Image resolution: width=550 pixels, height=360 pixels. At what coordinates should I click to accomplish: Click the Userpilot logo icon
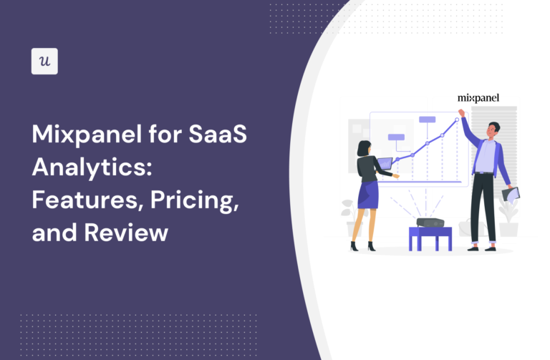tap(44, 61)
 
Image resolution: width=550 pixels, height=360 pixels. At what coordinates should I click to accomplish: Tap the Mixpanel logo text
tap(478, 97)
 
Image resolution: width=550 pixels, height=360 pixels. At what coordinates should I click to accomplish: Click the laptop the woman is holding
tap(385, 164)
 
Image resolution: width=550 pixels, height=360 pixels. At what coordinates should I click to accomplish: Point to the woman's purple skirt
tap(368, 195)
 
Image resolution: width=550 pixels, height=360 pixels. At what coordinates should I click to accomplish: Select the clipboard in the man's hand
tap(511, 193)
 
